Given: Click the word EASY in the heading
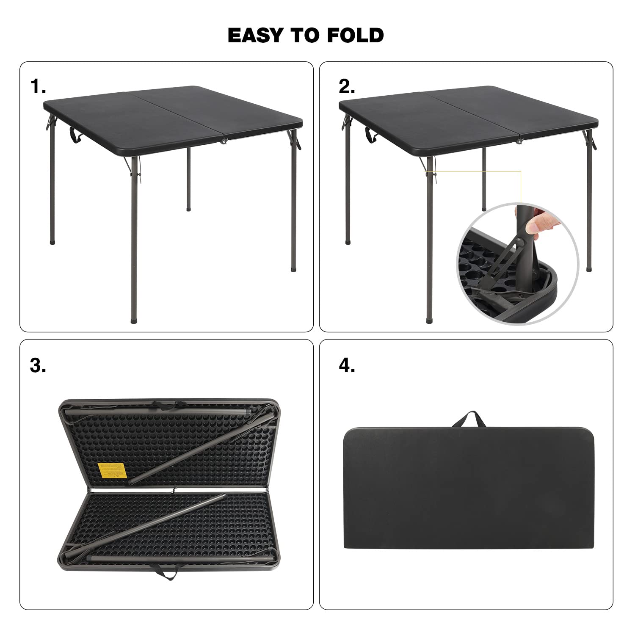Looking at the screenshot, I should (x=256, y=35).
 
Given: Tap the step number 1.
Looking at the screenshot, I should (x=38, y=87).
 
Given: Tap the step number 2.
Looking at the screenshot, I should (x=347, y=87).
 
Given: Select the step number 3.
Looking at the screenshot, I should (x=38, y=366).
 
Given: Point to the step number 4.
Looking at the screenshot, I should (x=347, y=366).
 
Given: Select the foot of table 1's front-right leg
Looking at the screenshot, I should (x=293, y=268).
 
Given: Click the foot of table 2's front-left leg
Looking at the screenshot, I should (x=430, y=320).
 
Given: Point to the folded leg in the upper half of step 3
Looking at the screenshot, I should (x=199, y=449).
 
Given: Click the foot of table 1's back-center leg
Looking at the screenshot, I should (x=188, y=208).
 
